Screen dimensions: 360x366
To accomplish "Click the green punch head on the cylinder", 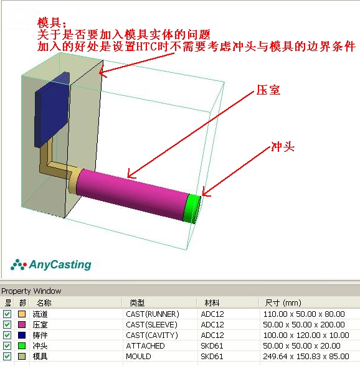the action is tap(192, 208).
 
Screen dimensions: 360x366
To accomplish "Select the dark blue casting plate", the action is tap(52, 110).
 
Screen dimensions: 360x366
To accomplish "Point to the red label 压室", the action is tap(268, 90).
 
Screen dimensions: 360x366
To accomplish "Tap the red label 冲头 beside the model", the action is tap(282, 147).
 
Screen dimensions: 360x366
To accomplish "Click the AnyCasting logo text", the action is tap(60, 265).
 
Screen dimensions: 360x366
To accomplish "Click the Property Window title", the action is tap(31, 291).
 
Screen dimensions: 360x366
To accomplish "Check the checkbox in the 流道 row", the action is tap(7, 314).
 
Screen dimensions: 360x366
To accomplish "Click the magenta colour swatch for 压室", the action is tap(22, 324).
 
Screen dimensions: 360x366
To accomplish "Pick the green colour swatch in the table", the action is tap(22, 345).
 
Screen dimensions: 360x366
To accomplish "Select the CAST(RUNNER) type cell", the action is tap(153, 314).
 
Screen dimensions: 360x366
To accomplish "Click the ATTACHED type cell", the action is tap(145, 345).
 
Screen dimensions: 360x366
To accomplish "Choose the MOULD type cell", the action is tap(138, 357).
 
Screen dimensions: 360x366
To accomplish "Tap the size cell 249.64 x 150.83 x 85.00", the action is tap(306, 357).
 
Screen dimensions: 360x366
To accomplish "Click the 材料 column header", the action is tap(212, 303).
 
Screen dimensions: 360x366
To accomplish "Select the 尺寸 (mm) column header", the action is tap(283, 303).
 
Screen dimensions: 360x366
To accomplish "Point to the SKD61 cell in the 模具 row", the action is tap(212, 357).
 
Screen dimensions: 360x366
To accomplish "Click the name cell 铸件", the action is tap(40, 335).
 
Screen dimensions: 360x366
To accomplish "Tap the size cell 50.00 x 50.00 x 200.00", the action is tap(304, 324).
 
